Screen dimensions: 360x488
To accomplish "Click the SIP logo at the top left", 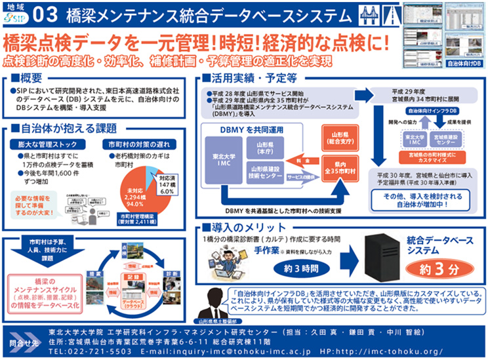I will (18, 14).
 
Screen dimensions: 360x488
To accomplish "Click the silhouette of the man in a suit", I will (216, 301).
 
